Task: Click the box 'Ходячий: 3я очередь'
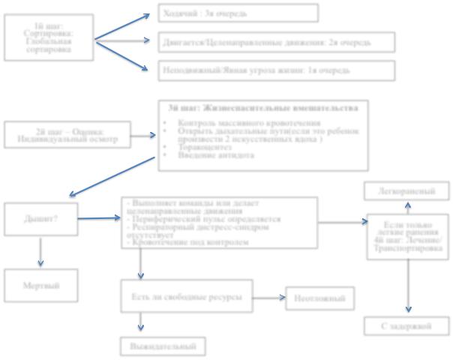click(238, 13)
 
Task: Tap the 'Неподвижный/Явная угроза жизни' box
click(277, 70)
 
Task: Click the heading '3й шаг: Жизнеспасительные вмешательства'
click(266, 108)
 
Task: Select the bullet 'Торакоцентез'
click(206, 147)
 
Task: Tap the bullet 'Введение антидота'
click(217, 155)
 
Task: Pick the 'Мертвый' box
click(41, 284)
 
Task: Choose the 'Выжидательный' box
click(162, 346)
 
